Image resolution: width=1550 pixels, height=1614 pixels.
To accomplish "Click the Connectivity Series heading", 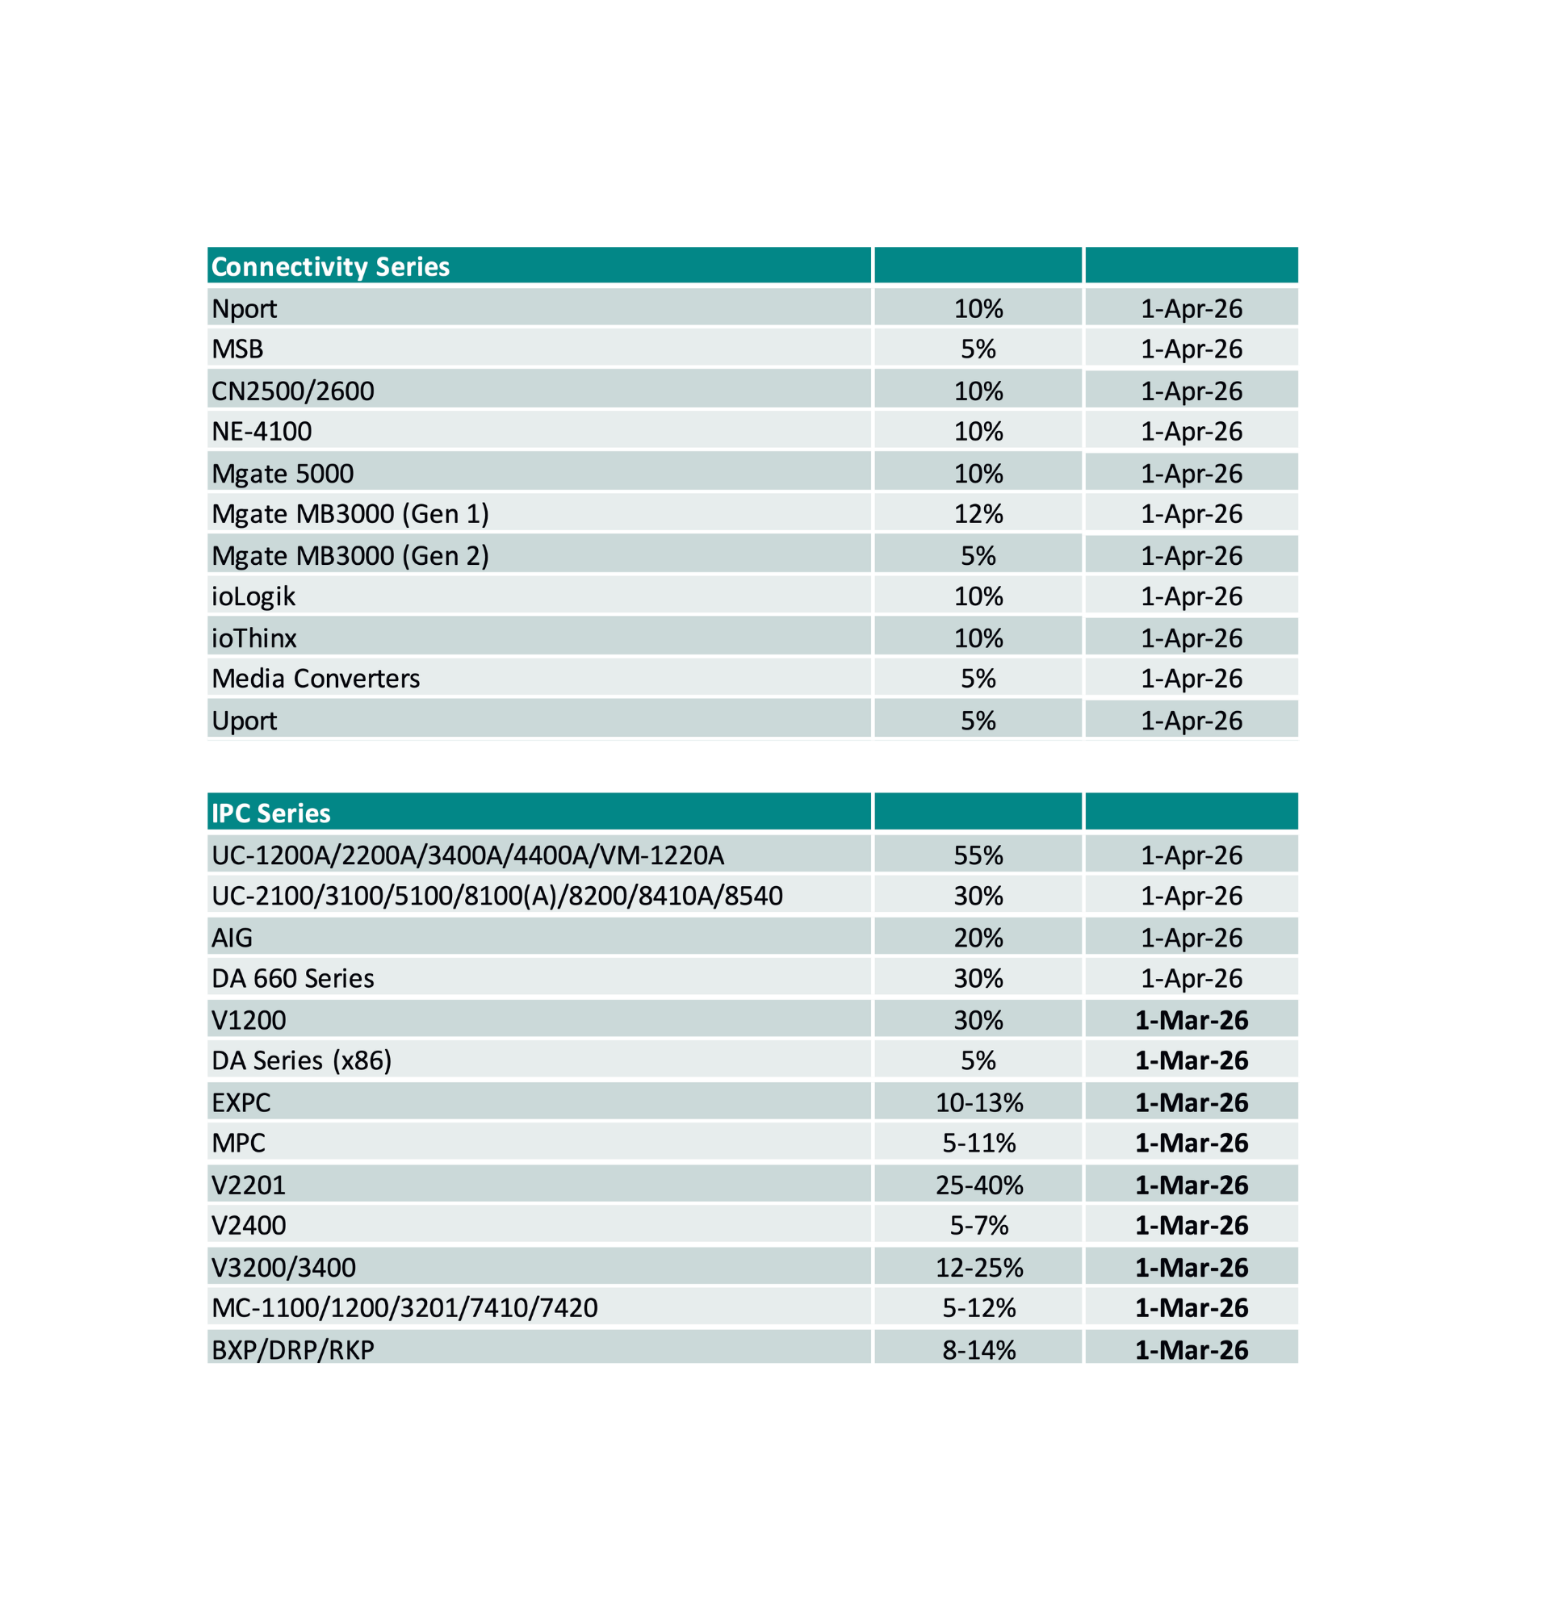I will [330, 267].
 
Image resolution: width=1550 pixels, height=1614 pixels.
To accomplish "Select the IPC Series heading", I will [271, 813].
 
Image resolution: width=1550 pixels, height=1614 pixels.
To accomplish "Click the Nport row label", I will [244, 309].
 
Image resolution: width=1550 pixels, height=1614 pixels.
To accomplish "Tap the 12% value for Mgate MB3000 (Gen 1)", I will [978, 514].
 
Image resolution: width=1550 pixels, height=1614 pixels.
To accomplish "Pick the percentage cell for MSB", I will [978, 349].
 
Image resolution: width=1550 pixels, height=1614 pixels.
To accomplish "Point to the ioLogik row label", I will [253, 596].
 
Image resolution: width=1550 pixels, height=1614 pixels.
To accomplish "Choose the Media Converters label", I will [316, 679].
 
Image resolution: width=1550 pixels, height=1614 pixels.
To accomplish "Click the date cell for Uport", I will [1191, 721].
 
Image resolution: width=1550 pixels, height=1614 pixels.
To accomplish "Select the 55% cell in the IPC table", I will [978, 855].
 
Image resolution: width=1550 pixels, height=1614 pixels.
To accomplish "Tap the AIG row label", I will [232, 938].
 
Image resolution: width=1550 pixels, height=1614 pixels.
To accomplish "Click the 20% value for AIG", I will [978, 938].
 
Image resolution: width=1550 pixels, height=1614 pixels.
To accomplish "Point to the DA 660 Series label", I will [292, 978].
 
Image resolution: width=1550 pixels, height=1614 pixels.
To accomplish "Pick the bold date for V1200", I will [1191, 1020].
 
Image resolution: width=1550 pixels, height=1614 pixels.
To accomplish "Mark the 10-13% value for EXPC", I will [978, 1102].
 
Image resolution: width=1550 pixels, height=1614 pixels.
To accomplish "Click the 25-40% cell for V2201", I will [978, 1185].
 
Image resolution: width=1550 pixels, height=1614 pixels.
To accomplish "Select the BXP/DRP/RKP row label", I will [292, 1349].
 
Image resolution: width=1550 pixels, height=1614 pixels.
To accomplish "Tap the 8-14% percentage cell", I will [978, 1349].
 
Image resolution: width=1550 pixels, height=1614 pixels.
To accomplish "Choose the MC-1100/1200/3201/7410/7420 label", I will [404, 1307].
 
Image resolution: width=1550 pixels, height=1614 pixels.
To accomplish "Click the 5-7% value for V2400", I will [978, 1225].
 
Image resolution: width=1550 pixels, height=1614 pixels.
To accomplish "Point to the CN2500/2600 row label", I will [292, 391].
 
